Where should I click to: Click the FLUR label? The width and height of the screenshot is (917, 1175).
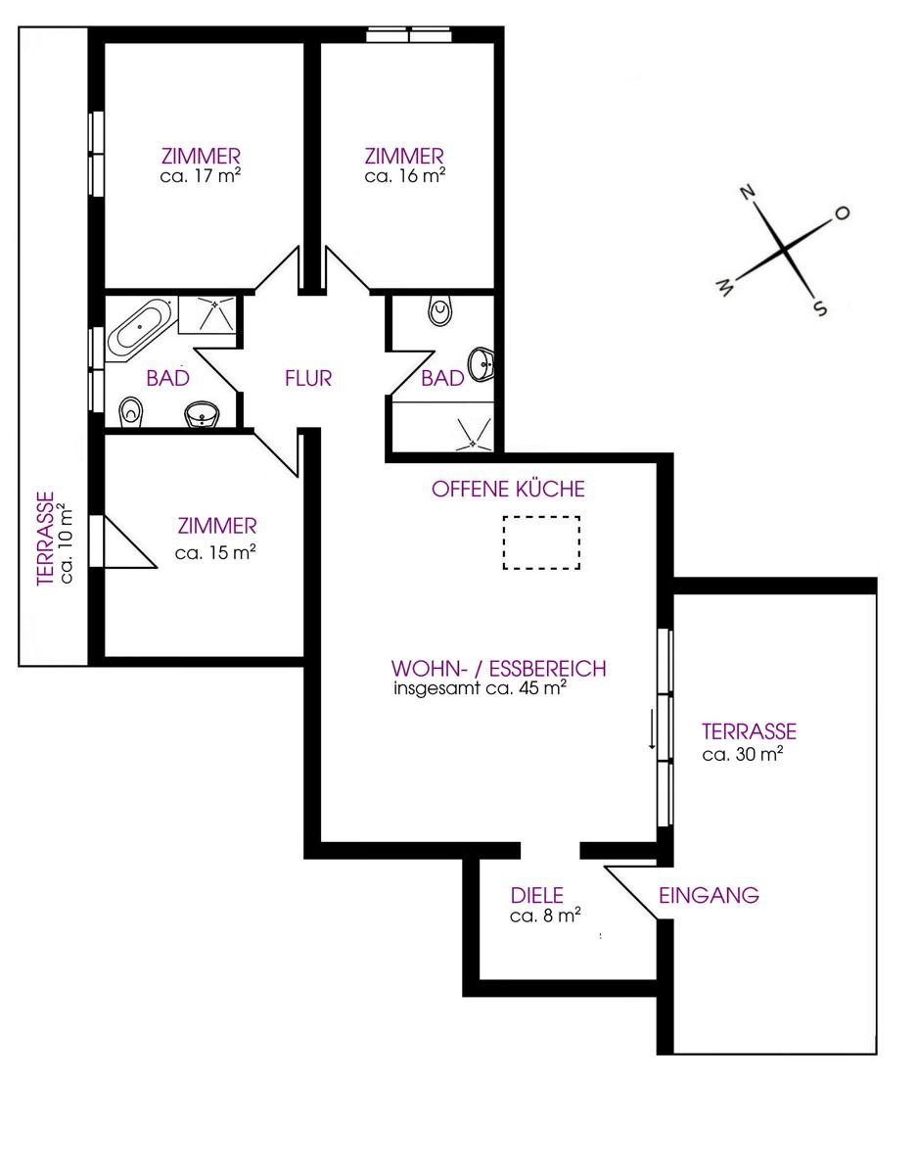(x=308, y=378)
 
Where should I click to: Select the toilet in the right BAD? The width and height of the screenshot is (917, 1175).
(x=442, y=311)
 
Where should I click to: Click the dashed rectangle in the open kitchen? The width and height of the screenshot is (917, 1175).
(x=541, y=542)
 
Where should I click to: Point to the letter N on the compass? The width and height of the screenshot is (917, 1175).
(x=749, y=192)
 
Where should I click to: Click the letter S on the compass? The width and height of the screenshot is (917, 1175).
(x=819, y=309)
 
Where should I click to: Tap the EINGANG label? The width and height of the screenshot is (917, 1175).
(x=709, y=895)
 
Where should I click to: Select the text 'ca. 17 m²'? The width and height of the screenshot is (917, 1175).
(x=200, y=176)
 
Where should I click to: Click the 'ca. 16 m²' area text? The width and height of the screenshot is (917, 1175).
(x=404, y=176)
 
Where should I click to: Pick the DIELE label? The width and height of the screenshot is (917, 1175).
(x=536, y=895)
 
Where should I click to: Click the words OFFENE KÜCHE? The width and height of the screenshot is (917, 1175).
(x=508, y=489)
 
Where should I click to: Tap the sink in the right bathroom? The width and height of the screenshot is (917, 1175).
(x=481, y=364)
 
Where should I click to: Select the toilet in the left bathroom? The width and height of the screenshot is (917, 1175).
(x=131, y=412)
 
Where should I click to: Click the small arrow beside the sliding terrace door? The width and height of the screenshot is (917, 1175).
(x=652, y=728)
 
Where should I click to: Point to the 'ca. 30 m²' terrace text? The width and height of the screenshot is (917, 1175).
(x=743, y=754)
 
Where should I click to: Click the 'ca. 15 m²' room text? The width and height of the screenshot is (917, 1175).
(x=215, y=553)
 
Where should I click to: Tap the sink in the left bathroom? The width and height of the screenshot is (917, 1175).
(x=203, y=415)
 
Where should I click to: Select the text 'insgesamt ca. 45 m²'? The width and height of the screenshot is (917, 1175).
(x=480, y=689)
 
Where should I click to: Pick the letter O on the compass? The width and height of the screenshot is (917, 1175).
(x=842, y=213)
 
